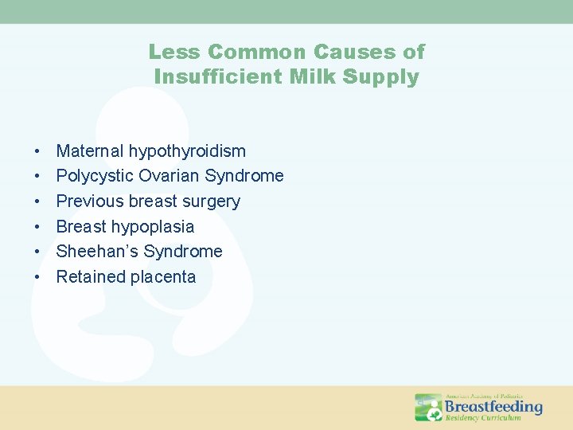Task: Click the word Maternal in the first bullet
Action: (x=90, y=150)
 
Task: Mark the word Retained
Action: (x=88, y=277)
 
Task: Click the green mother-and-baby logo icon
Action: (x=428, y=407)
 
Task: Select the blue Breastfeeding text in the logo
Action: (x=493, y=407)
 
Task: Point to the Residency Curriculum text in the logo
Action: (x=483, y=418)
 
